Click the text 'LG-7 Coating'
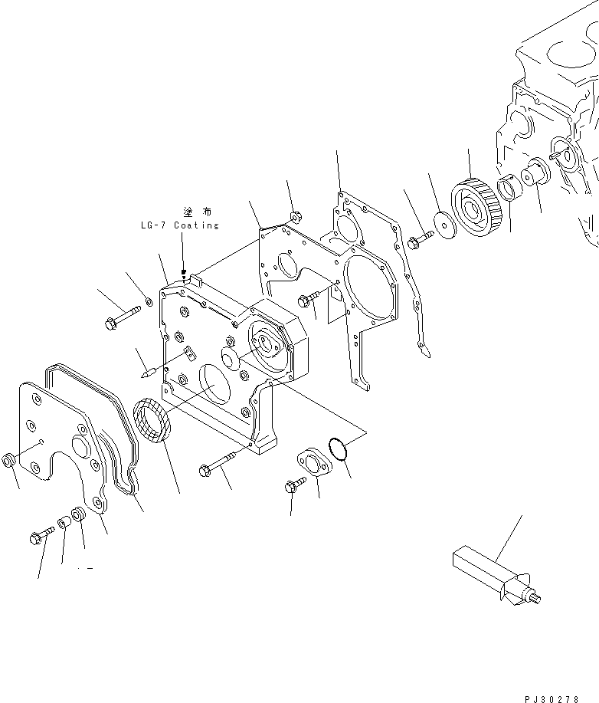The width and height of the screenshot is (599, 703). [180, 225]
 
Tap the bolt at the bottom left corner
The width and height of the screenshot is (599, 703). [41, 534]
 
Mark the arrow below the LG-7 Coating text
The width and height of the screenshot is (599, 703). [183, 261]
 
